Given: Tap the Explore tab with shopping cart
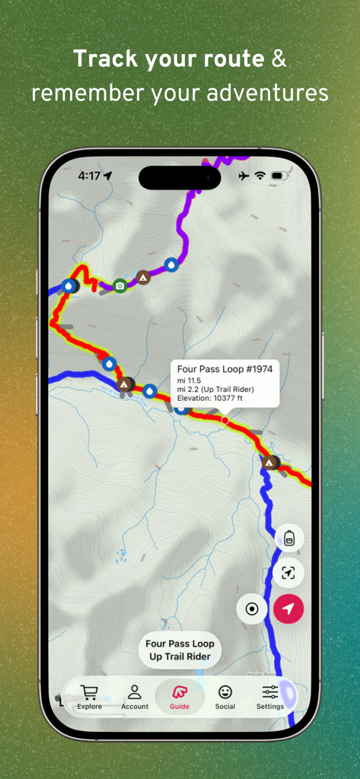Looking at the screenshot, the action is tap(89, 697).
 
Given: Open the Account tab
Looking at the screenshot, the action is tap(135, 697).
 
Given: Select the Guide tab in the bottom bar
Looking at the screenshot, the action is tap(180, 697).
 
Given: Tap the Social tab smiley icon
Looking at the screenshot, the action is tap(225, 697).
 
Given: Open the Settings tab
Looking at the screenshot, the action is tap(270, 697).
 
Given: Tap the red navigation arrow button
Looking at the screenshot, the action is tap(288, 609).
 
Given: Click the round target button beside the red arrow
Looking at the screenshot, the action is tap(252, 609).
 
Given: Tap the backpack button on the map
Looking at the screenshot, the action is tap(289, 538).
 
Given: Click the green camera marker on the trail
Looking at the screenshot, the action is tap(119, 285).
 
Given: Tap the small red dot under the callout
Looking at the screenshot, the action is tap(225, 420).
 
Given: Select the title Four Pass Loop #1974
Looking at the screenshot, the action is tap(225, 369).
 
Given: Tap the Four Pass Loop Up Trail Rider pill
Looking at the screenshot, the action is tap(180, 650).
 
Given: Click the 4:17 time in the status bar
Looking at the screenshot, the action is tap(89, 176).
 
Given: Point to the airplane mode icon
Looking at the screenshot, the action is tap(244, 176).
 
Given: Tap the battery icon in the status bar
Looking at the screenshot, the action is tap(278, 176).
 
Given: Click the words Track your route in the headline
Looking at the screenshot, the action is tap(168, 59).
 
